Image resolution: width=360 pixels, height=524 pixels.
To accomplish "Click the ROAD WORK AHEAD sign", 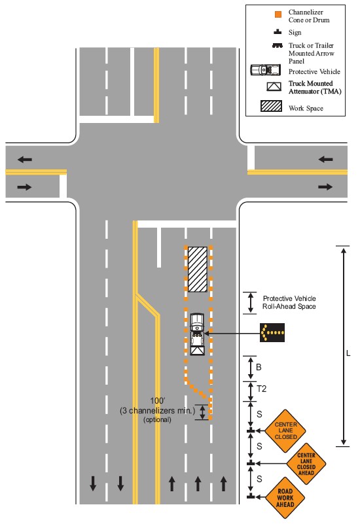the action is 285,498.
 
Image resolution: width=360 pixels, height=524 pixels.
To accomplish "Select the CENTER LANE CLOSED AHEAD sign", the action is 306,464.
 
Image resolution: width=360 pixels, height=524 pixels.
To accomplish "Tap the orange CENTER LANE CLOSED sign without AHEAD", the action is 285,430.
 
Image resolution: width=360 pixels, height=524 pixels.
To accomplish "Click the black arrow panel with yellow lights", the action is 272,332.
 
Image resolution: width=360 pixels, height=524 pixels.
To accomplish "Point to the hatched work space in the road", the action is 198,270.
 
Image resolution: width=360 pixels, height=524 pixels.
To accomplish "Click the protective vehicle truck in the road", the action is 197,334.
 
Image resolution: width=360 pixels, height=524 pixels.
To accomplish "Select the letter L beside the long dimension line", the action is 348,353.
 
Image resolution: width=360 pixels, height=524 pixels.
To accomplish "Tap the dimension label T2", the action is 261,389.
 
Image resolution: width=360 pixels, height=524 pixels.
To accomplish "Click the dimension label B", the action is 259,367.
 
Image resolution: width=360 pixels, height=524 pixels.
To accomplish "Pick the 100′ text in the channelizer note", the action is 158,400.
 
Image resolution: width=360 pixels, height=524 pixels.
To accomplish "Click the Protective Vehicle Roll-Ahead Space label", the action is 289,302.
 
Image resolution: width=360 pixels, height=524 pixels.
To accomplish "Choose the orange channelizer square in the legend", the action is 278,14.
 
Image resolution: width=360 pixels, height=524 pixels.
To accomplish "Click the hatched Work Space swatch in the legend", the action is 271,106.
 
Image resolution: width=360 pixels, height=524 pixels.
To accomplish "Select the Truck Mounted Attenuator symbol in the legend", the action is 274,86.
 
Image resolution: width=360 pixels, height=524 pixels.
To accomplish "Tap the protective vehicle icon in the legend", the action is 266,70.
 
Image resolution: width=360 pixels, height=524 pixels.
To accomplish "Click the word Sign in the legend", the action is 295,33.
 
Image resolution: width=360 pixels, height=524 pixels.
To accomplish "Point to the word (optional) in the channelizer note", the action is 157,420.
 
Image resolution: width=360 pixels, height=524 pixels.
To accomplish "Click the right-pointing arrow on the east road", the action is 325,187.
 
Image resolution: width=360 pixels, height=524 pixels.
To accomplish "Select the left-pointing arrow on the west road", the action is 25,160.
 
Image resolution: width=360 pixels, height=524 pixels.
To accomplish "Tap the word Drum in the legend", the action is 321,20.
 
